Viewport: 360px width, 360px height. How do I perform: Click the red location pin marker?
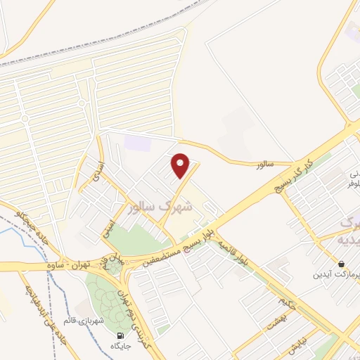tap(181, 166)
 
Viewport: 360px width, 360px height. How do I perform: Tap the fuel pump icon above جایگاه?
tap(120, 335)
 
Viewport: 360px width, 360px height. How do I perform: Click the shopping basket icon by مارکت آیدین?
tap(341, 264)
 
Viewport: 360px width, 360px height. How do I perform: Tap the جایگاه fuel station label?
tap(120, 347)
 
